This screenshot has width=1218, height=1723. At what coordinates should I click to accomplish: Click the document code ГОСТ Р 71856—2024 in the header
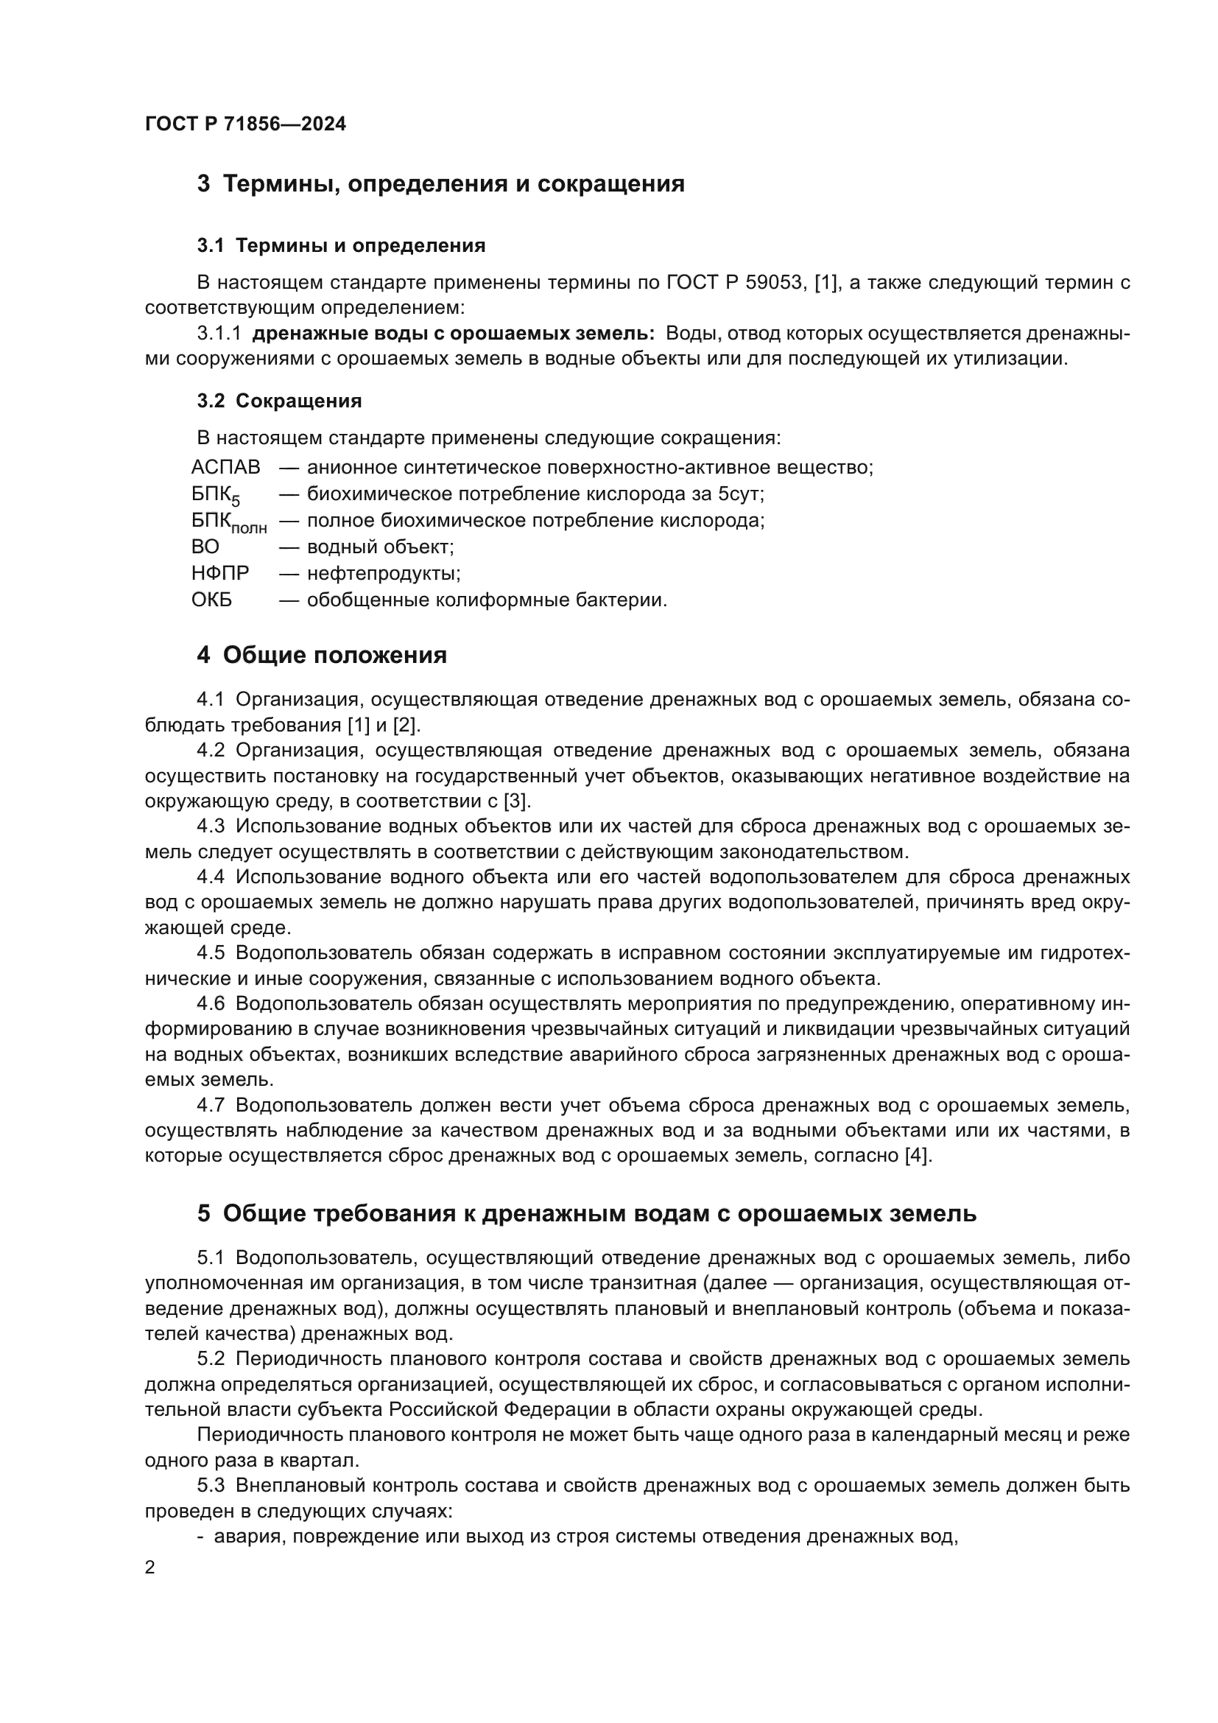click(x=245, y=124)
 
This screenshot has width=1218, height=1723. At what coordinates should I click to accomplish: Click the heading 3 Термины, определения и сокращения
click(x=440, y=184)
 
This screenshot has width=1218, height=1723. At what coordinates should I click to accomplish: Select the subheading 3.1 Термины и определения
click(x=341, y=245)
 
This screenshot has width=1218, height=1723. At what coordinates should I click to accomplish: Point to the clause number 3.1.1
click(x=219, y=333)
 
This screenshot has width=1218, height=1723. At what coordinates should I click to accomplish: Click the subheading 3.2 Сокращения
click(x=279, y=401)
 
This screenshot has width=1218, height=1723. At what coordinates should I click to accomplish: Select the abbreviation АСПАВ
click(x=226, y=468)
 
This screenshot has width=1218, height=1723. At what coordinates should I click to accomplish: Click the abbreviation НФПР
click(x=219, y=573)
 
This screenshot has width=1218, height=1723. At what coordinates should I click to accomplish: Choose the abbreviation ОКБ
click(x=211, y=600)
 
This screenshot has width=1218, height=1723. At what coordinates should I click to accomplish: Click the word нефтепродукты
click(x=383, y=573)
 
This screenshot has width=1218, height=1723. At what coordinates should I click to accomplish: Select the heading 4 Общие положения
click(x=322, y=655)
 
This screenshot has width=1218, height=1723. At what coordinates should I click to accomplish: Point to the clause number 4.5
click(x=211, y=953)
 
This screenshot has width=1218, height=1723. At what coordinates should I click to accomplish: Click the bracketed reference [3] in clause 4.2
click(x=516, y=801)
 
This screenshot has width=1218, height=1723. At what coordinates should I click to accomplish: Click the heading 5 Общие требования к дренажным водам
click(x=586, y=1213)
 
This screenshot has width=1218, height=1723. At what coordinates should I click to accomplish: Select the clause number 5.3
click(x=211, y=1485)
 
